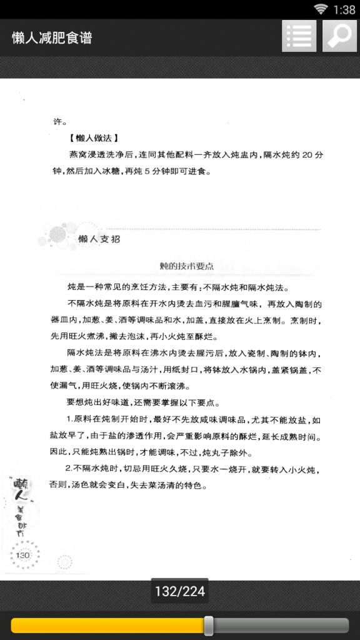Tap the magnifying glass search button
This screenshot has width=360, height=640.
tap(339, 36)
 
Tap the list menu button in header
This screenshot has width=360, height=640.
tap(299, 36)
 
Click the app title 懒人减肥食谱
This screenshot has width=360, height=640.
tap(52, 37)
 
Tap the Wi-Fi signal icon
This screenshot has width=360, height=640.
tap(321, 9)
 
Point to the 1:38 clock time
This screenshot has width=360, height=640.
tap(344, 9)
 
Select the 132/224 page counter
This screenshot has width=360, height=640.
tap(180, 591)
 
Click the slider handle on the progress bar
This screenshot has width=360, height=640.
tap(209, 625)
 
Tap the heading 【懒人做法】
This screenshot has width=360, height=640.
tap(94, 138)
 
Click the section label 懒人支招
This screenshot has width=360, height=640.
tap(99, 239)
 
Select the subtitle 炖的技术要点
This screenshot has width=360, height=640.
tap(186, 266)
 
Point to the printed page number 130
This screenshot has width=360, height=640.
tap(22, 555)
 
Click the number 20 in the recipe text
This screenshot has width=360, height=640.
tap(307, 155)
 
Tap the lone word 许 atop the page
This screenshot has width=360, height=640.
tap(57, 122)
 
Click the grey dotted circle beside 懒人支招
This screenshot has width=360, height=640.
tap(57, 234)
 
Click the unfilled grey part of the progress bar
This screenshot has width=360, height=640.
tap(281, 625)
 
